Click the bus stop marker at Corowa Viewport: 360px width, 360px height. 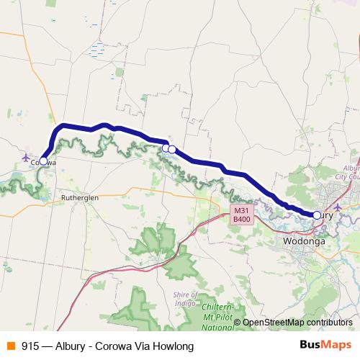[43, 161]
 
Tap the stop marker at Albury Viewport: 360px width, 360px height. [317, 215]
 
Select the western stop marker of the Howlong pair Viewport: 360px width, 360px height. [166, 148]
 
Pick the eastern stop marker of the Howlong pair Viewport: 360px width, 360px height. [172, 149]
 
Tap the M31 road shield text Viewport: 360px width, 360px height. [241, 210]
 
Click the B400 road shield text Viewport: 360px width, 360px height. [241, 219]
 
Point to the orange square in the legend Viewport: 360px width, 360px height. [11, 346]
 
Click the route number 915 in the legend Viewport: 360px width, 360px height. [30, 346]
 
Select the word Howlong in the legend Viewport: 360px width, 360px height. [175, 346]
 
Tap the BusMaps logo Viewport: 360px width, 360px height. [325, 346]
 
